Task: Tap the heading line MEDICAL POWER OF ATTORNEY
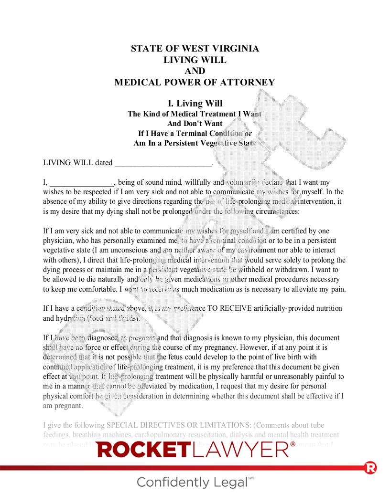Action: pos(195,83)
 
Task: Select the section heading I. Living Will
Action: pos(195,104)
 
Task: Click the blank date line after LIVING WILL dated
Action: pos(162,163)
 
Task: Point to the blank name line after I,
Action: pos(82,182)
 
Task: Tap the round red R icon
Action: pos(370,468)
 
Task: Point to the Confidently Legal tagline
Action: pos(195,482)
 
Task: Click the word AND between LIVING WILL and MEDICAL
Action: pos(195,71)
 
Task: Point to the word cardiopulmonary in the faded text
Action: pos(162,435)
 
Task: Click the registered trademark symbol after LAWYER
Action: pos(293,444)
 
